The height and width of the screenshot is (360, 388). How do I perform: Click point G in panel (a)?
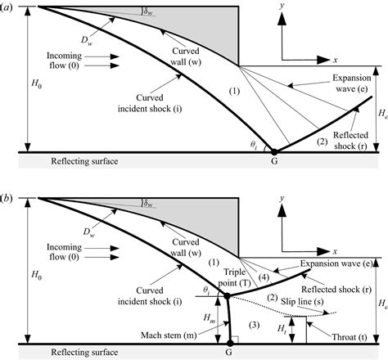tap(274, 152)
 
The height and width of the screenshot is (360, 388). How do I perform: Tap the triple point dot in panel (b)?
tap(227, 295)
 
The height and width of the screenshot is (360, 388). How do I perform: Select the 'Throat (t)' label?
tap(350, 337)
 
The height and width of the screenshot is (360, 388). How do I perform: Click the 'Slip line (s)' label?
tap(302, 301)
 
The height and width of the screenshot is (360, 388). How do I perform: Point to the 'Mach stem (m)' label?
tap(169, 335)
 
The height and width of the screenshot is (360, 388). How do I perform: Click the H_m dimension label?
tap(209, 318)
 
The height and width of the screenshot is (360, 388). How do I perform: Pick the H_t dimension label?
tap(282, 330)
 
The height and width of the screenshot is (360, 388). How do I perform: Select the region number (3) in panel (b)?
tap(255, 325)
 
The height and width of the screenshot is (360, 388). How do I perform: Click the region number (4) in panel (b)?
tap(264, 277)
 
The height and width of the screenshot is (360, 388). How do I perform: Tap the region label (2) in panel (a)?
tap(322, 142)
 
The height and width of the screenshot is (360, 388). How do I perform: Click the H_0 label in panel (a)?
tap(37, 83)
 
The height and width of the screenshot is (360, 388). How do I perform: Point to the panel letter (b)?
tap(6, 198)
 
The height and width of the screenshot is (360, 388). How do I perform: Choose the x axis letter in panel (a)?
tap(336, 60)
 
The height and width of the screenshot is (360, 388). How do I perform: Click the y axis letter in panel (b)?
tap(282, 198)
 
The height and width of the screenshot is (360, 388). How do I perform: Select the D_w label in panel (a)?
tap(87, 41)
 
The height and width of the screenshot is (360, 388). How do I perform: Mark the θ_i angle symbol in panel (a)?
tap(254, 146)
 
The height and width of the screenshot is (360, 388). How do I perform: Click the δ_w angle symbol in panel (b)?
tap(148, 203)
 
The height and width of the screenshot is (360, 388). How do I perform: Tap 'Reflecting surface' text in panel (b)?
tap(84, 352)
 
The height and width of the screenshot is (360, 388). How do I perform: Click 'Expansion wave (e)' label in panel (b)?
tap(336, 263)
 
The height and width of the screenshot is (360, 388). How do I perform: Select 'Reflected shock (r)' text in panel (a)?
tap(350, 141)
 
